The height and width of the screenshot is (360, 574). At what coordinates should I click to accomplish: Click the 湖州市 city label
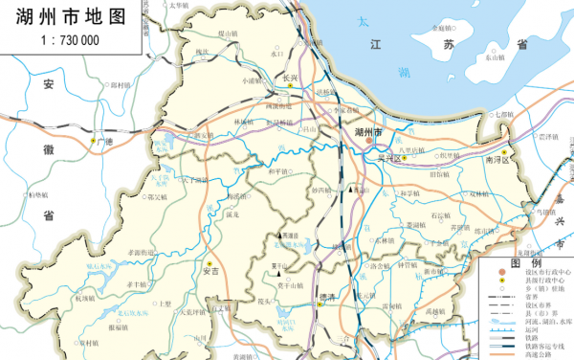point(368,130)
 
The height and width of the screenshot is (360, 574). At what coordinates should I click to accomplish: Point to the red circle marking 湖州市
point(369,142)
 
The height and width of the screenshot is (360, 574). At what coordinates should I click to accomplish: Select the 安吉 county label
point(211,272)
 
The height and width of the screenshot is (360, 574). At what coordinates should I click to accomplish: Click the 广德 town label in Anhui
point(102,143)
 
